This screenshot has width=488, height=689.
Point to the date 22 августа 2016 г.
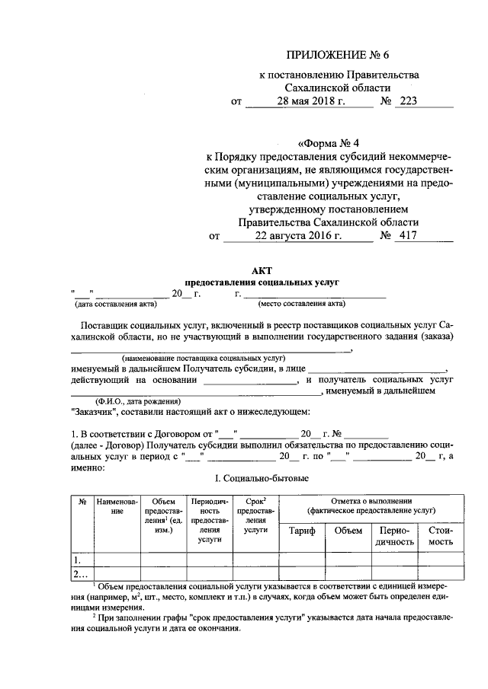[x=298, y=236]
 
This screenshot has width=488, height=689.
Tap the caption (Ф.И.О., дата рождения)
[x=138, y=400]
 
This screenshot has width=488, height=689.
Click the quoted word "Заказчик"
[x=92, y=412]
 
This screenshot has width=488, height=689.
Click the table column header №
[x=81, y=502]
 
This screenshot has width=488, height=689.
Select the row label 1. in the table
[x=77, y=560]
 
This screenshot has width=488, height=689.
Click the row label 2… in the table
[x=80, y=573]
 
